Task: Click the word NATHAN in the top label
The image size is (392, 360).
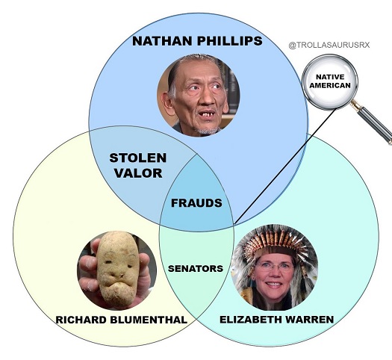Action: [x=162, y=41]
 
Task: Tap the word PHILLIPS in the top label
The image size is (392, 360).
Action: [x=229, y=41]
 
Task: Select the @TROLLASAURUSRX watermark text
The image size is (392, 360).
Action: [x=329, y=46]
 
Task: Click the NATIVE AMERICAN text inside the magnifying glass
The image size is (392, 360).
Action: [x=330, y=81]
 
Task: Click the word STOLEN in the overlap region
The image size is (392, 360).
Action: [x=138, y=158]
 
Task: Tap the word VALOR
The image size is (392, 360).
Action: [x=138, y=173]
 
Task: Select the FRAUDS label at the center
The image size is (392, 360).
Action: [x=196, y=202]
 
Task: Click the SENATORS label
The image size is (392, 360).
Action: [x=196, y=268]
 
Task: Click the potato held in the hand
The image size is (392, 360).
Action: [x=117, y=269]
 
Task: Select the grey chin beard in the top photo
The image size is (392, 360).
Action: [x=208, y=131]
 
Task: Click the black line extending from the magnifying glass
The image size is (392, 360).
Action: [x=284, y=167]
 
